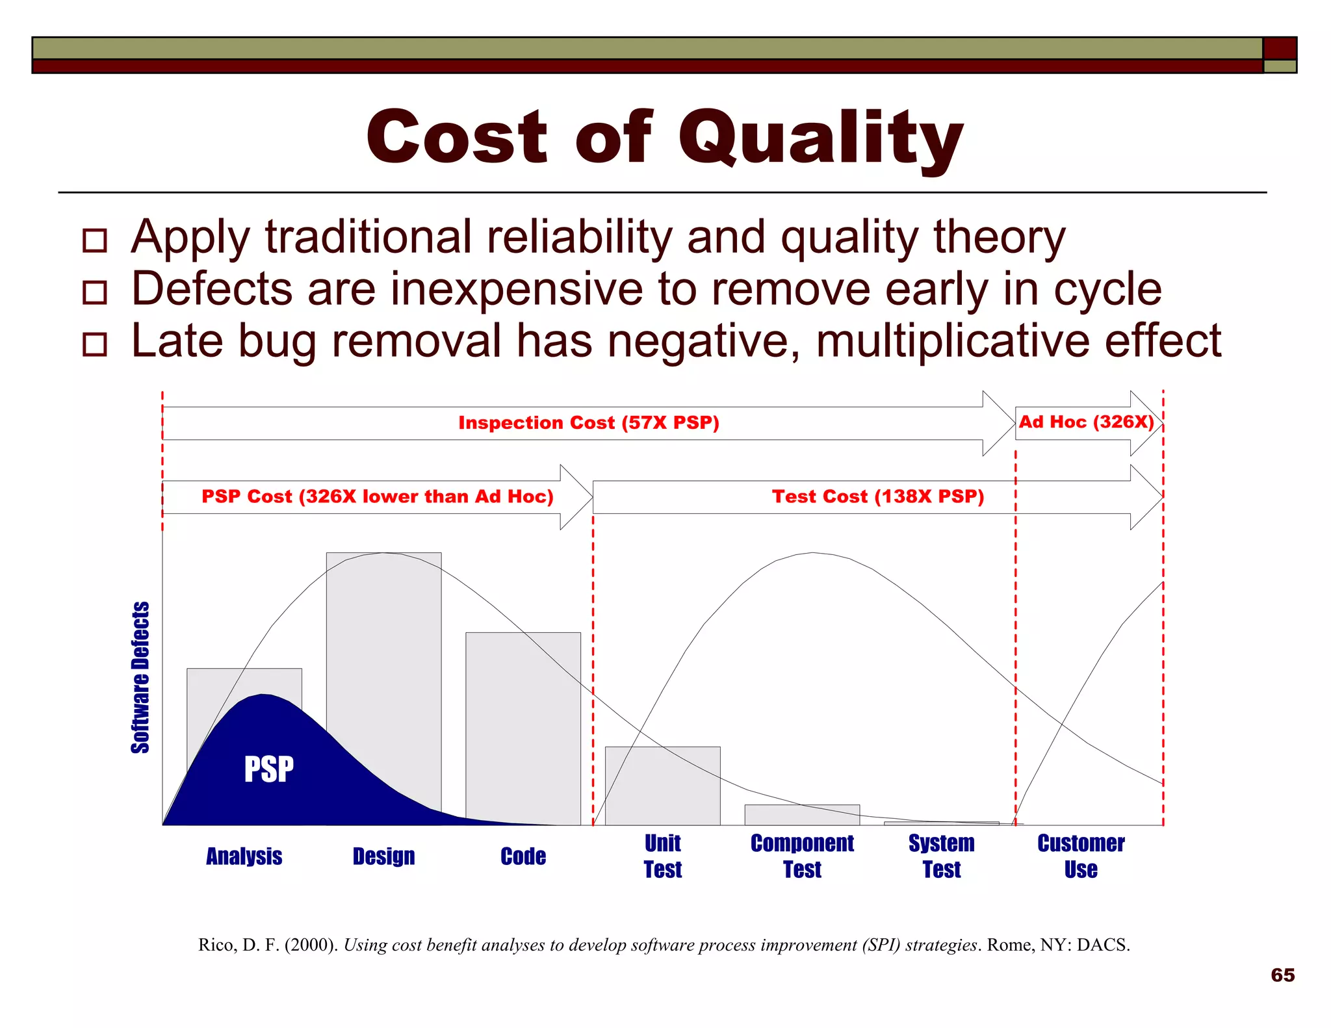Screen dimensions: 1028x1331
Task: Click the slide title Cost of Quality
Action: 664,138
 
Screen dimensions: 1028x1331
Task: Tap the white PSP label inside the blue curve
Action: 268,769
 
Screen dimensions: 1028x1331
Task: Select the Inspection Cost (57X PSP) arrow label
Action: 589,423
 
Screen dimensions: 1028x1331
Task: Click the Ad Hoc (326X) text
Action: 1086,422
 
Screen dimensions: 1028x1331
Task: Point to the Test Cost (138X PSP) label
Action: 878,496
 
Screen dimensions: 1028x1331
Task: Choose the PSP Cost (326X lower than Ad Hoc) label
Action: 377,496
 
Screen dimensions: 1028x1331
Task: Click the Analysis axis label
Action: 244,856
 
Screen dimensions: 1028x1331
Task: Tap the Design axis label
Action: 383,856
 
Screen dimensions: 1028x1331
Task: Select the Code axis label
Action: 523,856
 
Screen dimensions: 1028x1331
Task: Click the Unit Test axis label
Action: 662,856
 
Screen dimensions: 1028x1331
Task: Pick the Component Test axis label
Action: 802,856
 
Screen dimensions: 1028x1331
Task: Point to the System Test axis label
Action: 942,856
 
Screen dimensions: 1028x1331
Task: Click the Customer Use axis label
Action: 1081,856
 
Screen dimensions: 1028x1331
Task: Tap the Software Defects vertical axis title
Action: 140,677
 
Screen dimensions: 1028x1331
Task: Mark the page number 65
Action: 1282,975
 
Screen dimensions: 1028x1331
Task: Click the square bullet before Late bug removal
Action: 95,344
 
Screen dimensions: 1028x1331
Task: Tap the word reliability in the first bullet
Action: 579,237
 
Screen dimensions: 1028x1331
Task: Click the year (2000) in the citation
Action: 311,945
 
